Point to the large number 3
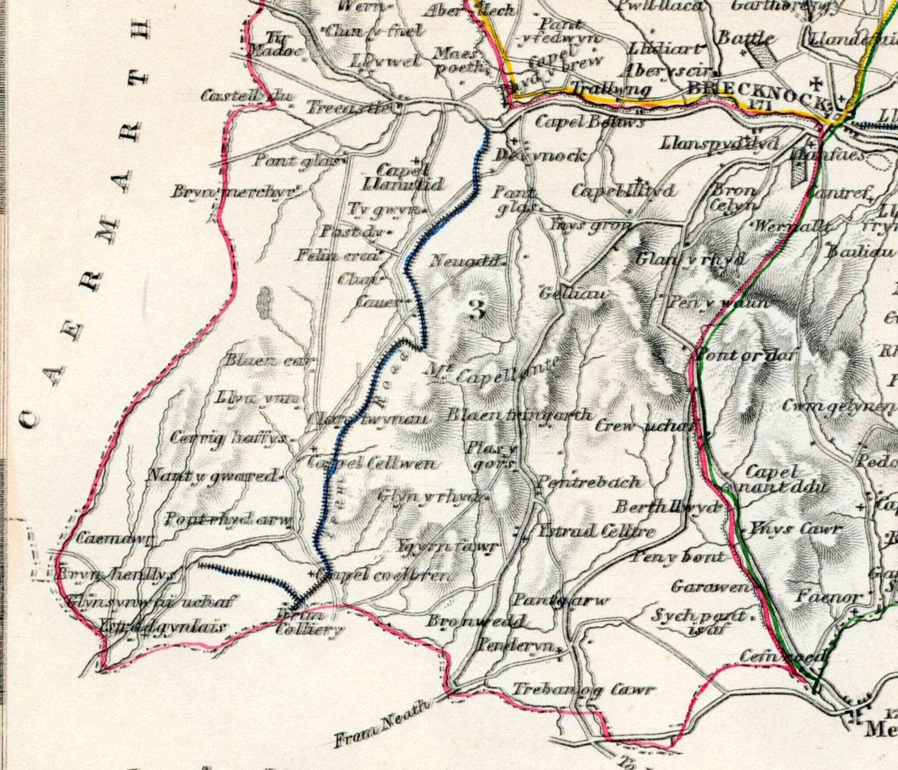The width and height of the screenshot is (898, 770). click(477, 309)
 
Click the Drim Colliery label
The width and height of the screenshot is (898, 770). click(309, 622)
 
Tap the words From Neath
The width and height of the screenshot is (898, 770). click(382, 723)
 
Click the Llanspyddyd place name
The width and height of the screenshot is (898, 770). click(718, 144)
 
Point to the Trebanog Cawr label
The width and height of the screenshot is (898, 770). click(583, 690)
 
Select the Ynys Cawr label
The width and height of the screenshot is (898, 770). click(795, 529)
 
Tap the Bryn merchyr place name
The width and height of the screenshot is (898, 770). click(234, 192)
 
